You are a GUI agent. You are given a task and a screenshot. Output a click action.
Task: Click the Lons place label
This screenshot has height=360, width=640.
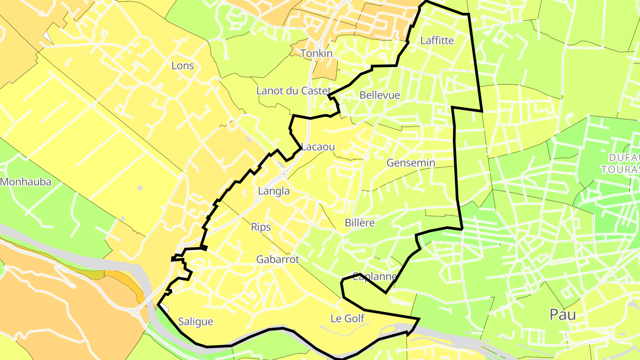click(183, 66)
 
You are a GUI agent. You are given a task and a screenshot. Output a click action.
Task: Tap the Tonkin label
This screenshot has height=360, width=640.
click(316, 53)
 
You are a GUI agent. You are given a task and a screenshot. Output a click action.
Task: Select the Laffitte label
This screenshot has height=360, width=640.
click(437, 40)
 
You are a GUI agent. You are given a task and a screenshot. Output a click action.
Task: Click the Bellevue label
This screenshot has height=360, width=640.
click(380, 95)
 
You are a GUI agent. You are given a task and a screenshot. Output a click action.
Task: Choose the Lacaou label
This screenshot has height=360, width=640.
click(318, 147)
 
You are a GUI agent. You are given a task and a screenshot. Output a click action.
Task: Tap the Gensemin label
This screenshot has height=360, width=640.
click(411, 163)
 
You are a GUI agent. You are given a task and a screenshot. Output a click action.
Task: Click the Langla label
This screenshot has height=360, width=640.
click(274, 191)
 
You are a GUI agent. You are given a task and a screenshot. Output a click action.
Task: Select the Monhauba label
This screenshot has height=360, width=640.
click(26, 182)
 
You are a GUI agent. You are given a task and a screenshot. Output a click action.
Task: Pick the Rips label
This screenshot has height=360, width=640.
click(261, 227)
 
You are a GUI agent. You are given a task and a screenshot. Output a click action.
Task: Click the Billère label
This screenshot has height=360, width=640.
click(360, 223)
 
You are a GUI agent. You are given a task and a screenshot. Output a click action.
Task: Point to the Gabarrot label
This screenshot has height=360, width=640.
click(278, 260)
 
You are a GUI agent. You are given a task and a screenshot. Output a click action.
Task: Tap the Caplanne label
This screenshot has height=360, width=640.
click(374, 276)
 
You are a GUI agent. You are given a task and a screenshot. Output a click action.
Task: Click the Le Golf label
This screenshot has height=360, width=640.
click(348, 318)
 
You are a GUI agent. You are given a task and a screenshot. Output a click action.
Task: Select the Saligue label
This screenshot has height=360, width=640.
click(196, 321)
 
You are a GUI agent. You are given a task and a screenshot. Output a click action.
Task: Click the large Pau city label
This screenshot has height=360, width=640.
click(563, 315)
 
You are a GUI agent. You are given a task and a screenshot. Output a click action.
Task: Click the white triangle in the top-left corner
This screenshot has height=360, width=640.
click(48, 38)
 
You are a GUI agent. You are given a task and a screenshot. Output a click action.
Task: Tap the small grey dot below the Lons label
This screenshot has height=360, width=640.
click(140, 188)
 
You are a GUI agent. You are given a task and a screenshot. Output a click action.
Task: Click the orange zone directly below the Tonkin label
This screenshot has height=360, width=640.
click(324, 71)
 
